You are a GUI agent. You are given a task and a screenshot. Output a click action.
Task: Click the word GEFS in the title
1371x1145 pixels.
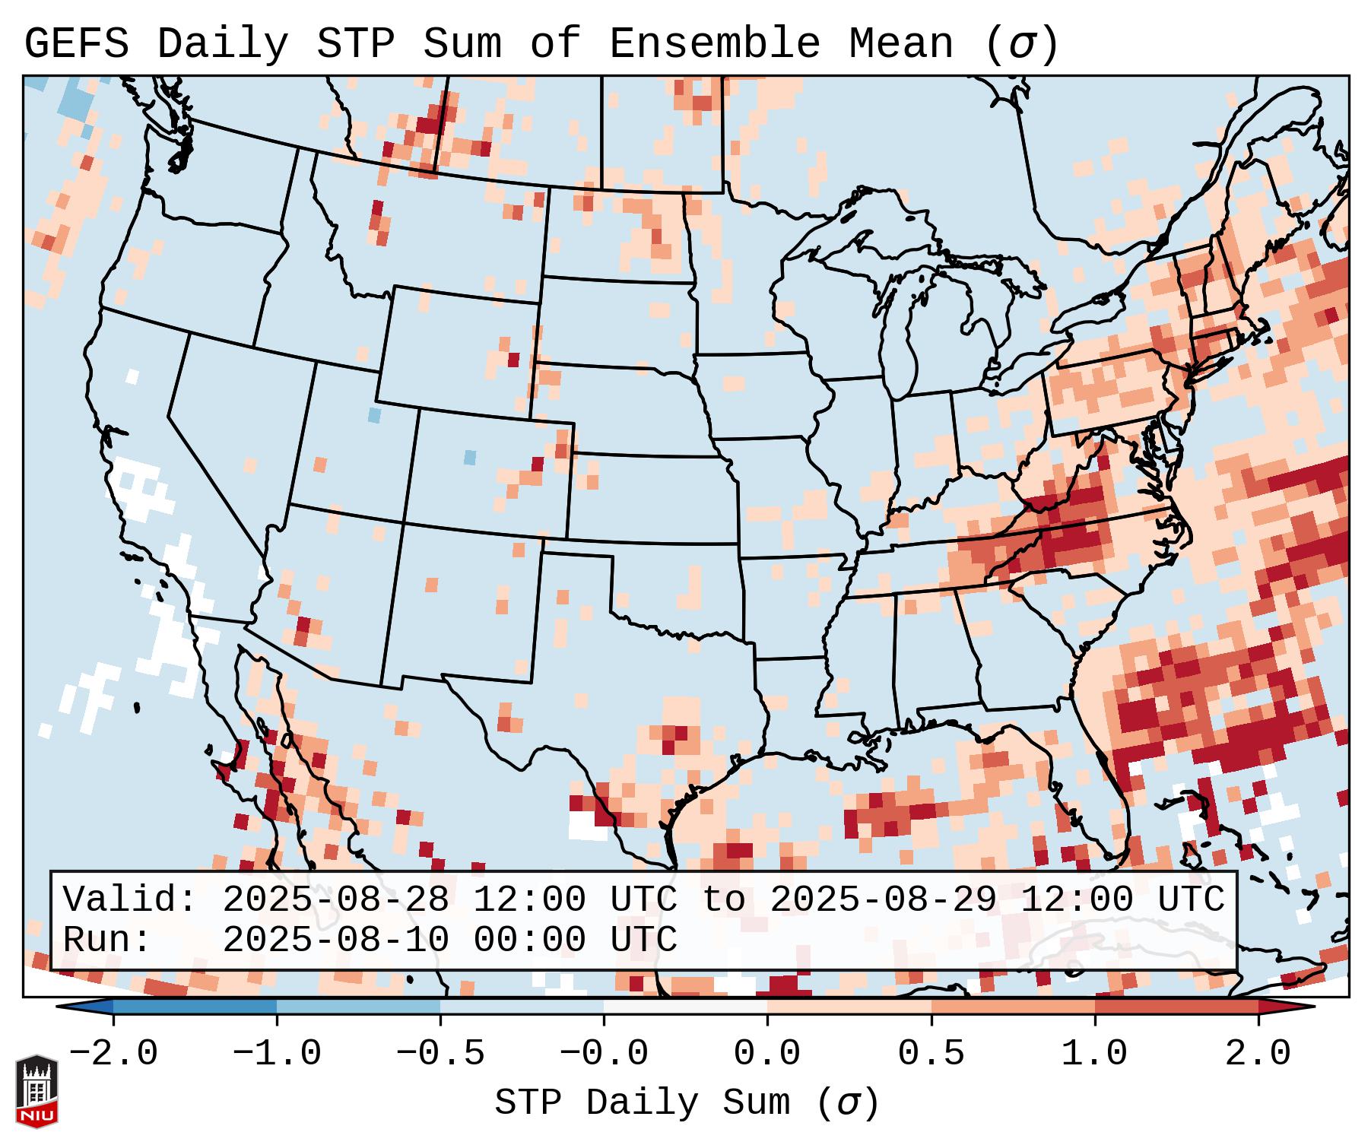pyautogui.click(x=76, y=43)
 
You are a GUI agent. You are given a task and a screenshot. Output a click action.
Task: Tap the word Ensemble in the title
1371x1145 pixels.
pyautogui.click(x=714, y=43)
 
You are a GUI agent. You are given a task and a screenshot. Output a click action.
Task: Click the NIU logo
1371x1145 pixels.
pyautogui.click(x=36, y=1090)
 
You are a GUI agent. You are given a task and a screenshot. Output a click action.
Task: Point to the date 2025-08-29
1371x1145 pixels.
pyautogui.click(x=883, y=900)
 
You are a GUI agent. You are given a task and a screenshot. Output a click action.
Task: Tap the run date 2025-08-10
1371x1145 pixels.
pyautogui.click(x=335, y=940)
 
